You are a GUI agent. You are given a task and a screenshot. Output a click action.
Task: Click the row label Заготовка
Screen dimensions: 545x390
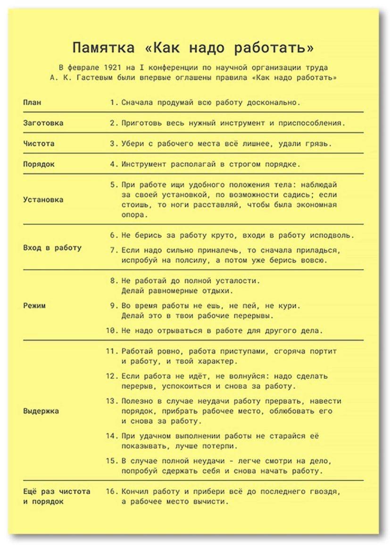coord(43,123)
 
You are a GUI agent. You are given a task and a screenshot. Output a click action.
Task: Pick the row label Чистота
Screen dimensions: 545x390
coord(39,143)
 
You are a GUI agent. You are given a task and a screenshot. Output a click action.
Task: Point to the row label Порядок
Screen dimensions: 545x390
coord(39,164)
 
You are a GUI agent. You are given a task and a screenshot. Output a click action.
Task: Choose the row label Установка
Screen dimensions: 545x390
coord(43,199)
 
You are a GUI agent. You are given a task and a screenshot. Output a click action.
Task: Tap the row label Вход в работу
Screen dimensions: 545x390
coord(52,247)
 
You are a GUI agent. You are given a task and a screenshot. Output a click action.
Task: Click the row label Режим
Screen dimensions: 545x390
coord(34,305)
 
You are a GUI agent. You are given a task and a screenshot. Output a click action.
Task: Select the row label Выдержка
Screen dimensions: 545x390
coord(41,411)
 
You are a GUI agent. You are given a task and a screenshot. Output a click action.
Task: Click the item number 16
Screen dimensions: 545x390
coord(111,491)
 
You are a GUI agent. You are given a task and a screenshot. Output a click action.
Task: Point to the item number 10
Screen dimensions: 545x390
coord(111,331)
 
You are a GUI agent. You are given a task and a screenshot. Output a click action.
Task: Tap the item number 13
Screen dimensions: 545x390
coord(111,401)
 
